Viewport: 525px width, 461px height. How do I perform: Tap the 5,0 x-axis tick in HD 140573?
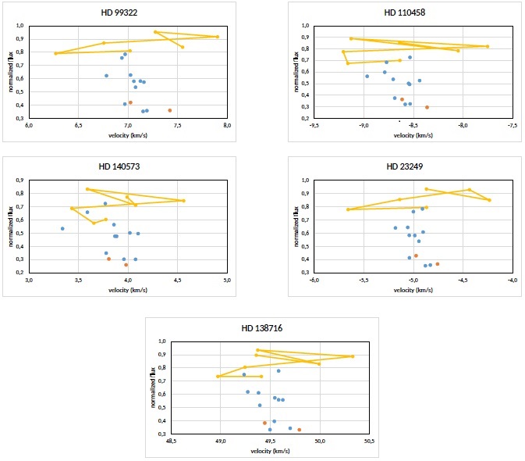pos(226,279)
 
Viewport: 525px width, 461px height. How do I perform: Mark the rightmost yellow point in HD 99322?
pos(217,37)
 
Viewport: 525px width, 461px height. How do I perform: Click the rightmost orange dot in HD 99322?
pos(169,110)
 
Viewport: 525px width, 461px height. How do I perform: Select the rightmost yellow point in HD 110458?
pos(488,46)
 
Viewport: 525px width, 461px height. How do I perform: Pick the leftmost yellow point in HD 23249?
pos(348,209)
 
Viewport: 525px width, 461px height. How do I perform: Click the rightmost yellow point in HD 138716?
pos(353,356)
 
